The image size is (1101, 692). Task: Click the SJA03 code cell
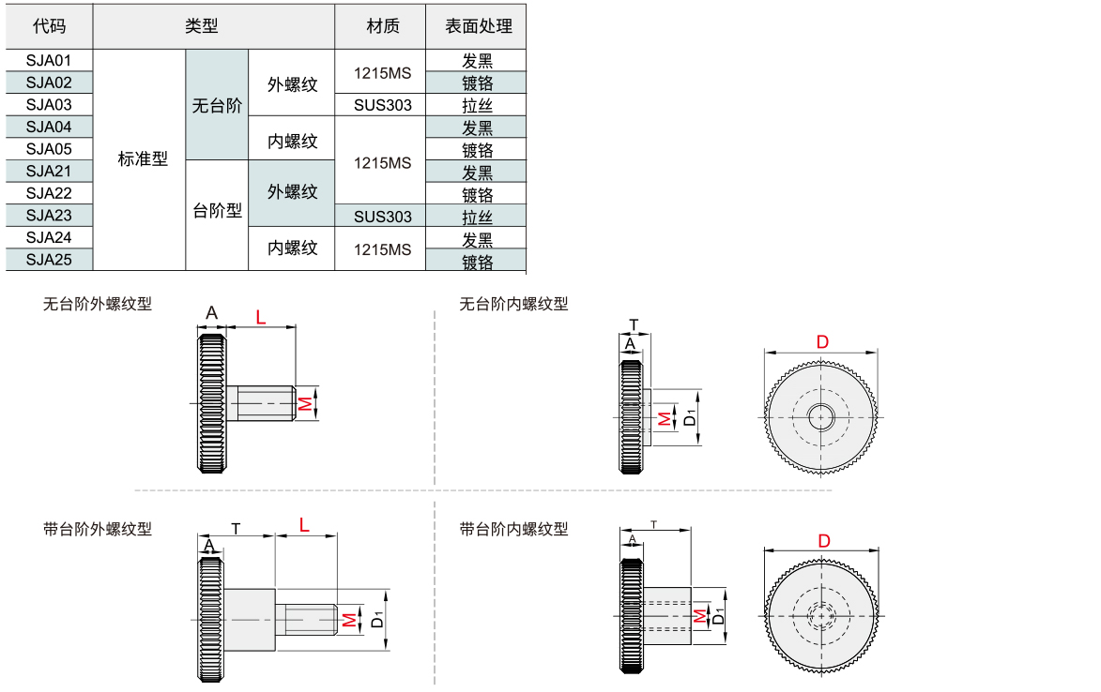(49, 104)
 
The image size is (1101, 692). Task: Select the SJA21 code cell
(49, 171)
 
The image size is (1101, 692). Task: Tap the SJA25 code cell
(49, 260)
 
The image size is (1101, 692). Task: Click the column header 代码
(49, 26)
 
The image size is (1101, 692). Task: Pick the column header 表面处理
(476, 26)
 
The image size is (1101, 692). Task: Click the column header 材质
(380, 26)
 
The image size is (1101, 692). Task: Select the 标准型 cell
(142, 159)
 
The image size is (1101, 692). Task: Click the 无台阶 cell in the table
(217, 105)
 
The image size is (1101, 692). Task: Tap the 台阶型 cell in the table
(217, 211)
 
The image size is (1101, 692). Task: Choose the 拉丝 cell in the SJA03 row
(476, 105)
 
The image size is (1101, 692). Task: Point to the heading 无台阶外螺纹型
(98, 304)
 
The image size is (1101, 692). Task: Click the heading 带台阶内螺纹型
(513, 529)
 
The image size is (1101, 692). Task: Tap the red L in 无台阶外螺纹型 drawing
(261, 317)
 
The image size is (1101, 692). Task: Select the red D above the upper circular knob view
(822, 342)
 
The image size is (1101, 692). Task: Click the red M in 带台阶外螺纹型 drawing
(348, 619)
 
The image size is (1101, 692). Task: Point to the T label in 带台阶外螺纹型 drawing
(237, 528)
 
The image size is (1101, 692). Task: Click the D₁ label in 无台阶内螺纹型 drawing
(691, 417)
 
